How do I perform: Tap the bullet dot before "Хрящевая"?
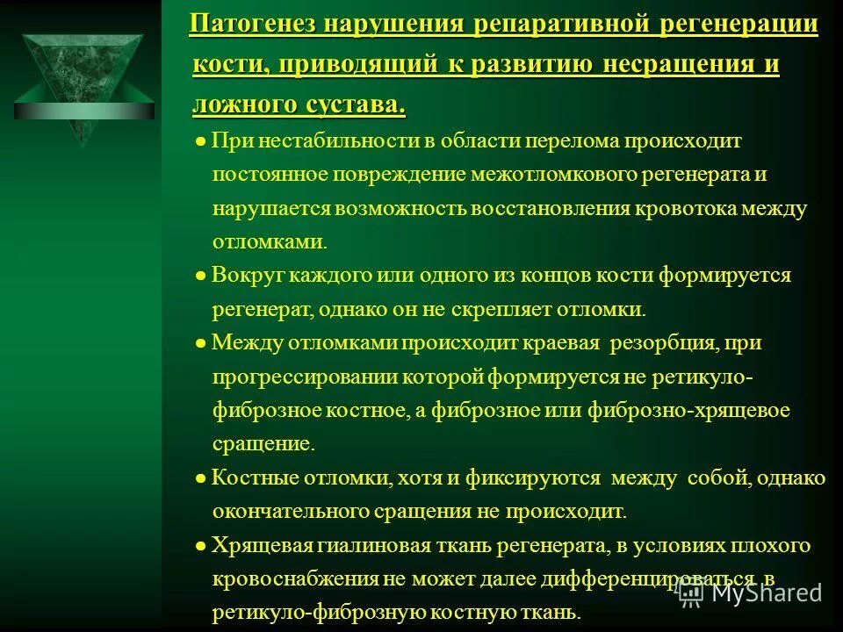pyautogui.click(x=200, y=546)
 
